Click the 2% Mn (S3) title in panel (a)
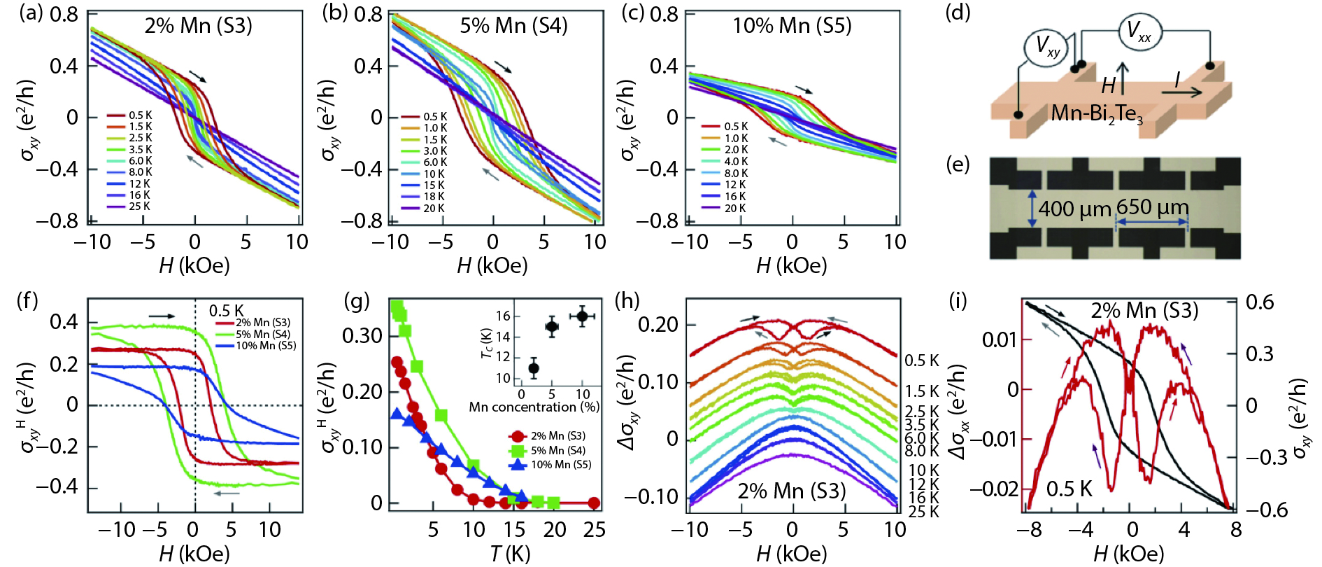(198, 26)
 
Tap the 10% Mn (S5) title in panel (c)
(792, 26)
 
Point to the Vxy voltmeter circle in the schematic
(1046, 48)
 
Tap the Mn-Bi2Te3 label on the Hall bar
(1096, 113)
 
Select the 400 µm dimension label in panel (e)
(1074, 209)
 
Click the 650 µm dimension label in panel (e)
(1152, 207)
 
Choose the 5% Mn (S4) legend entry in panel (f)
(262, 335)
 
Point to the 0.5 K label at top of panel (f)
(227, 311)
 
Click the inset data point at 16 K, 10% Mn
(582, 316)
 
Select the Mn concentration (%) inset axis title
(534, 407)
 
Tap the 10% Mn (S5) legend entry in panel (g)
(561, 465)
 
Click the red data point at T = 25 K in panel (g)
(594, 503)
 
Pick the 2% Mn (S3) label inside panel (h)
(792, 491)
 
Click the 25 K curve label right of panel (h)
(923, 512)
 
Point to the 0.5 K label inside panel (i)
(1069, 489)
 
